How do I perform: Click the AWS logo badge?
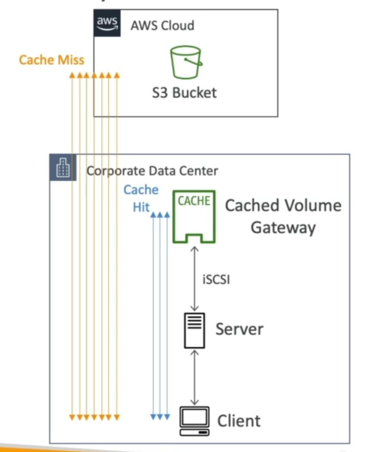point(107,23)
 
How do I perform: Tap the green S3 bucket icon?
point(185,62)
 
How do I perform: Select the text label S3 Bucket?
point(184,93)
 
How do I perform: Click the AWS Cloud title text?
point(162,25)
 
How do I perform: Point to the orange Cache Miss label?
point(51,59)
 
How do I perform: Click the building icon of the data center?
point(63,168)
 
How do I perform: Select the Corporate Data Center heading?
point(152,170)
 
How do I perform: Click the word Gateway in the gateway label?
point(283,228)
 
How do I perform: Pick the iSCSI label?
point(216,279)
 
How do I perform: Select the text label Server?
point(239,329)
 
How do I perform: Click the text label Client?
point(238,420)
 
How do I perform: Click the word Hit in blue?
point(140,207)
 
